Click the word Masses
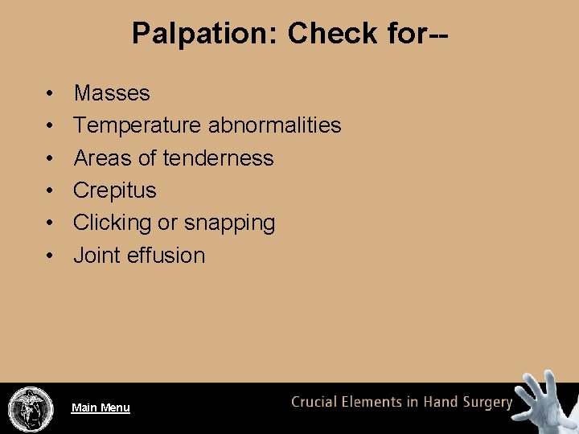pos(112,93)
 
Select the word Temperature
pos(138,126)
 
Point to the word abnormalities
pos(274,125)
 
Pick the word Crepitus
pos(114,190)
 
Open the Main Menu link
pos(101,407)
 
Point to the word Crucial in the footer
pos(317,402)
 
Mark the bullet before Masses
pos(51,94)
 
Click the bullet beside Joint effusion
pos(51,256)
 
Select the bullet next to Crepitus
pos(51,191)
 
